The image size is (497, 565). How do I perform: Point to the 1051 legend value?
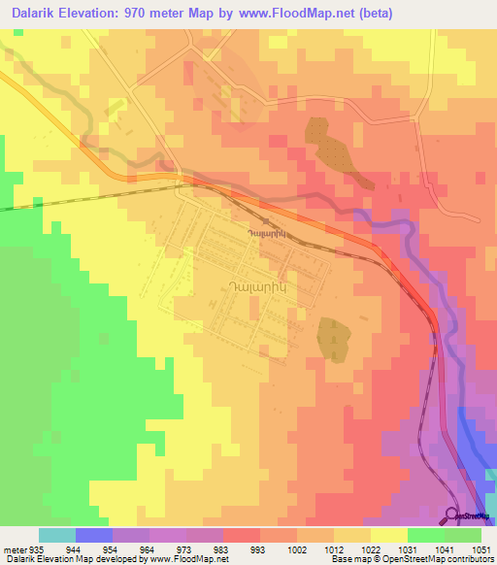pos(482,548)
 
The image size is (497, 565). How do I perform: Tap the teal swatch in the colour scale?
pos(57,535)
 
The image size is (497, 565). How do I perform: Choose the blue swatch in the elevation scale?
pos(94,535)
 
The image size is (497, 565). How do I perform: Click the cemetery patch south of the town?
pos(333,337)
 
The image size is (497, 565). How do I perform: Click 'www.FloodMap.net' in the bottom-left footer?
pos(190,559)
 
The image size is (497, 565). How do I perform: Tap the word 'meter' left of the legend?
pos(15,548)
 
